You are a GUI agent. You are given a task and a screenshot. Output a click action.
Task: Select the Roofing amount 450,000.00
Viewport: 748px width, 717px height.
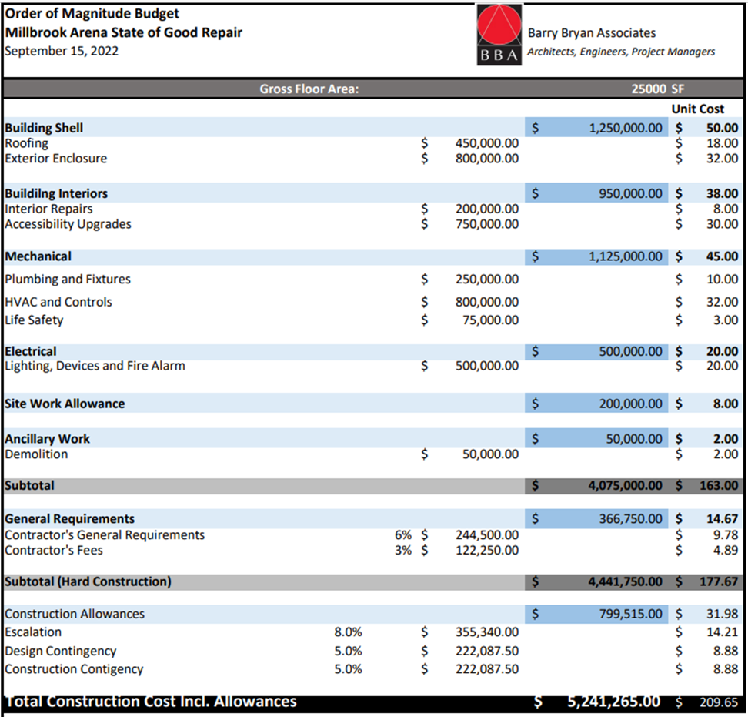click(486, 143)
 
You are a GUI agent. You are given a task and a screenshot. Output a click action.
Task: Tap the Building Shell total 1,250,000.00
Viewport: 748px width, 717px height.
click(625, 128)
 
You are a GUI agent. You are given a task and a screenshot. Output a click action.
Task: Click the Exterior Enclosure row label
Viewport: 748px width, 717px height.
click(56, 159)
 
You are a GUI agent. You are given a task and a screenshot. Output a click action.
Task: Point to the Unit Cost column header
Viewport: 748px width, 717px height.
click(697, 109)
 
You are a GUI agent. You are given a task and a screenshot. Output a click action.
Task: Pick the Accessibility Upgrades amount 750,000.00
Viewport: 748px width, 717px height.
click(486, 224)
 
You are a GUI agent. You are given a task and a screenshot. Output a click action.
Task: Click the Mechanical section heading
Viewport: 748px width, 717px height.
click(38, 256)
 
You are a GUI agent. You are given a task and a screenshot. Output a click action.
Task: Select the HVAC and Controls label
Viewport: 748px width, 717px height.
click(58, 302)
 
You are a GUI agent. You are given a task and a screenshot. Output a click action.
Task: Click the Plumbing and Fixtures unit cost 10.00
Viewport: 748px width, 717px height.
click(722, 279)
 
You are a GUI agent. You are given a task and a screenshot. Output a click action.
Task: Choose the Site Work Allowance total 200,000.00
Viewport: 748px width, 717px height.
click(630, 404)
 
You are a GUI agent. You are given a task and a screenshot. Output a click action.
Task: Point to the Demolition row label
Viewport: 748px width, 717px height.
click(36, 454)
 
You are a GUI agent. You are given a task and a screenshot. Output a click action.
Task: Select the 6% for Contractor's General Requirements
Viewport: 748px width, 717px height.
click(402, 534)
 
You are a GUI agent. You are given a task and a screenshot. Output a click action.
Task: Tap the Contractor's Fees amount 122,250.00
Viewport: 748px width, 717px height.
click(486, 550)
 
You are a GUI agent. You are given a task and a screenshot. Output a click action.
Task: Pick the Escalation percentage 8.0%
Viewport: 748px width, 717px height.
click(348, 632)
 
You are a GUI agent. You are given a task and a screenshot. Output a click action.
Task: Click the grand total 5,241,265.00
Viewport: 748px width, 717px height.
click(613, 702)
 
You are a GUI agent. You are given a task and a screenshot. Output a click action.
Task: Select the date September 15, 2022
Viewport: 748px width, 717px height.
click(62, 51)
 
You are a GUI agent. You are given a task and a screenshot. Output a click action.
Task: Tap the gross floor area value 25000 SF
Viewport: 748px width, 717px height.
click(657, 89)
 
